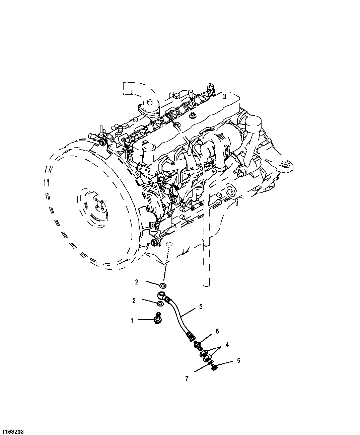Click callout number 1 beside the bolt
coord(132,321)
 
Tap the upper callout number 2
coord(137,282)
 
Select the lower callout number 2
coord(134,300)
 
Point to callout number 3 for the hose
coord(201,307)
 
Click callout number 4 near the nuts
coord(227,344)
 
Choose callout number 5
coord(239,361)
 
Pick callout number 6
coord(217,331)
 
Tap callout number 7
coord(187,378)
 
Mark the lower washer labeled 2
coord(160,304)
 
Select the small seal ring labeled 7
coord(209,363)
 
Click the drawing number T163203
coord(12,430)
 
